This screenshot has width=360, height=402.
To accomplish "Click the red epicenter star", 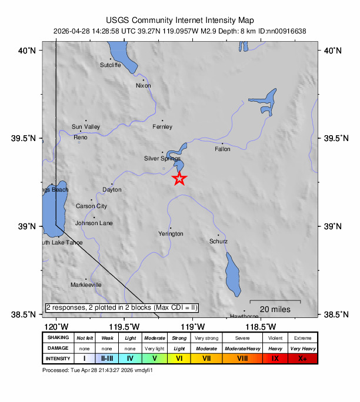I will pos(180,179).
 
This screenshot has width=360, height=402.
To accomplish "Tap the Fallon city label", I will pos(222,149).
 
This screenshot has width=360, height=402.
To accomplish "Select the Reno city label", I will pos(80,137).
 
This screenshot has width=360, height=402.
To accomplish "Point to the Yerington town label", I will pos(171,234).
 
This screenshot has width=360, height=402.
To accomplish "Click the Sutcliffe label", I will pos(110,65).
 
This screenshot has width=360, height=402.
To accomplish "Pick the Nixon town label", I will pos(143,86).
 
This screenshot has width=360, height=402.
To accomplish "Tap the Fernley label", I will pos(162,127).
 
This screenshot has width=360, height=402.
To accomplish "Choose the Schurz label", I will pos(219,242).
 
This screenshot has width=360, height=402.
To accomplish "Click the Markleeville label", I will pos(86,285).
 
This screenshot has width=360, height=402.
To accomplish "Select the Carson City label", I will pos(91,206).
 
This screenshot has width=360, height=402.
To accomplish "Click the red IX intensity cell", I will pos(275,358).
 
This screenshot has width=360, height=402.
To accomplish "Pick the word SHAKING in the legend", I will pos(58,338).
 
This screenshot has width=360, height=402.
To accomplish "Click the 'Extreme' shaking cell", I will pos(302,338).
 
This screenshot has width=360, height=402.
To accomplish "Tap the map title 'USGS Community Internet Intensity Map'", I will pos(179,19).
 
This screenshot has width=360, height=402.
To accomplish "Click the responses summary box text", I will pos(122,307).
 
